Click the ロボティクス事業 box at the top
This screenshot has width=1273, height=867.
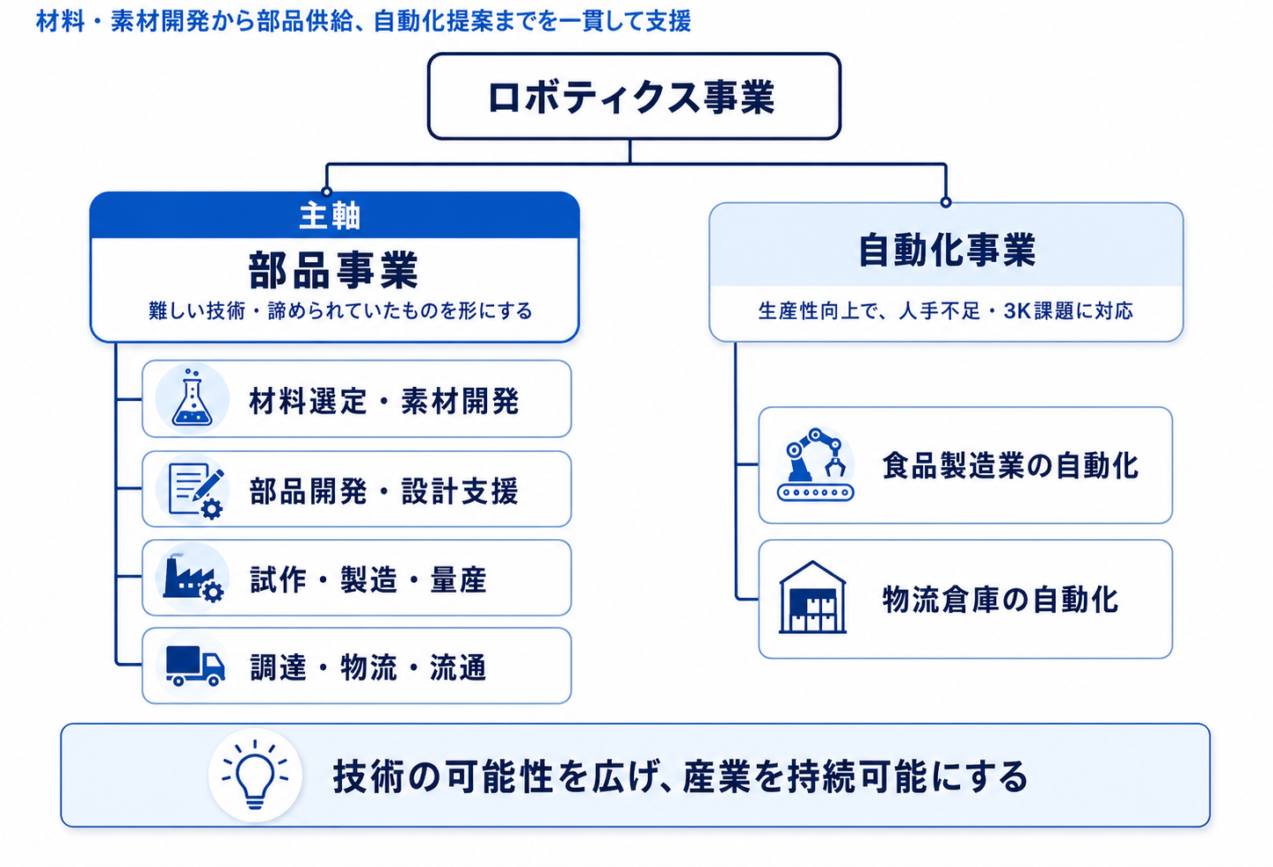pos(634,96)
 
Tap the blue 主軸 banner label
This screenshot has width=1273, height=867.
pos(330,216)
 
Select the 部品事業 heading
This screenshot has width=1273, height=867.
pos(333,271)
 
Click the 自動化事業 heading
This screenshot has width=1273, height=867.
pos(947,250)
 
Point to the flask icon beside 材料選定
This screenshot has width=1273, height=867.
pos(192,398)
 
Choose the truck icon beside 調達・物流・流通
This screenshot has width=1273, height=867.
pos(195,665)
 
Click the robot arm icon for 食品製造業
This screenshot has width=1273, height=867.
pos(816,464)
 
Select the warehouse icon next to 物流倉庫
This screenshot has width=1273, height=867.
pos(812,598)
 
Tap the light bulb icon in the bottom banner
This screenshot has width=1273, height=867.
pos(255,775)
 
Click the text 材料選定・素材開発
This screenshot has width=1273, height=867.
pos(384,401)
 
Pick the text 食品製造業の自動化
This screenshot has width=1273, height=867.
pos(1010,466)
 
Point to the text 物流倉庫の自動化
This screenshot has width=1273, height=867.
pos(1000,600)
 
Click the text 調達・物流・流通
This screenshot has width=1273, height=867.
pos(368,667)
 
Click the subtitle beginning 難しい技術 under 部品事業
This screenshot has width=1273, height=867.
pos(340,311)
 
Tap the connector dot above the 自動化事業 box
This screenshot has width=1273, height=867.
pos(946,202)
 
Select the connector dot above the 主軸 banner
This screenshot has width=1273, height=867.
pos(326,191)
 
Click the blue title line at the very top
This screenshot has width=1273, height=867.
pos(364,22)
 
